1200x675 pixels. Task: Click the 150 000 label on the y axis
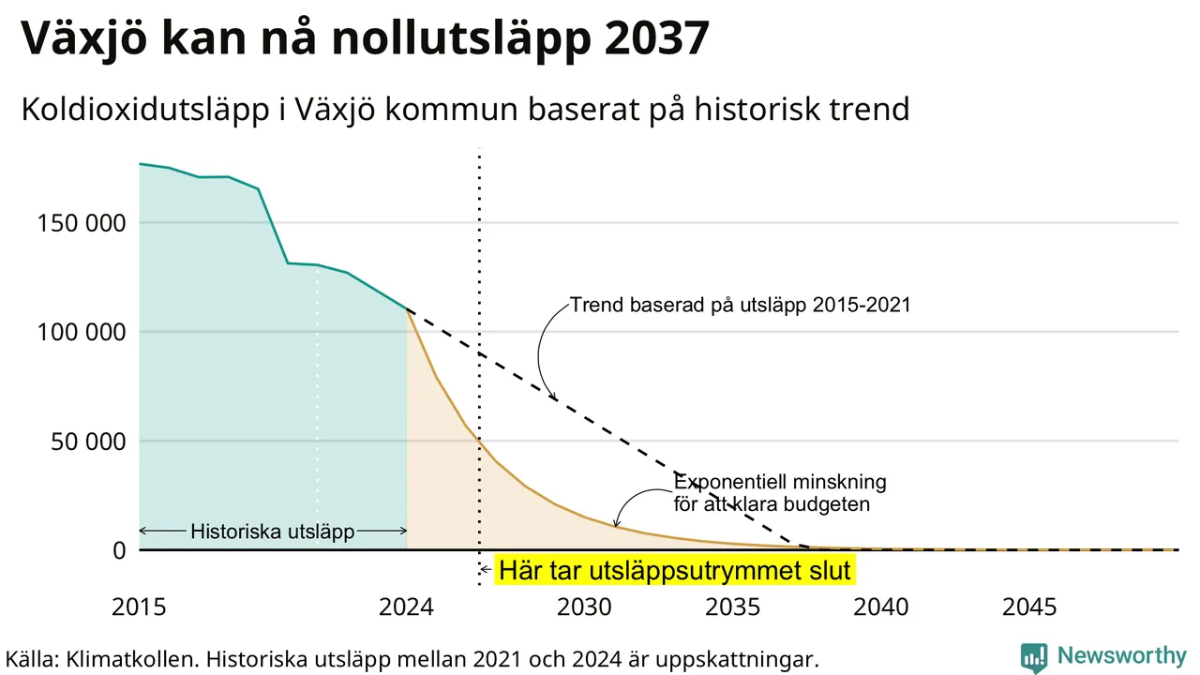click(82, 223)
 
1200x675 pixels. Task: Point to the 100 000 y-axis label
click(82, 332)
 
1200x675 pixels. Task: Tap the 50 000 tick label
click(88, 442)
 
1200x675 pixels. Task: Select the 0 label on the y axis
click(119, 550)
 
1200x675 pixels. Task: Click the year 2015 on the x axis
click(139, 607)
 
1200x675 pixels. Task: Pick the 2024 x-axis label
click(406, 607)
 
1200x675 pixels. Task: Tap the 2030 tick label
click(584, 607)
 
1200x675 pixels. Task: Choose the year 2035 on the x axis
click(732, 607)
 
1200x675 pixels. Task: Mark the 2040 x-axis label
click(880, 607)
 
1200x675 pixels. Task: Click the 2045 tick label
click(1029, 607)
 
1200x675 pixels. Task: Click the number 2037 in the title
click(656, 37)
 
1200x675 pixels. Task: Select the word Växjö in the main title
click(84, 38)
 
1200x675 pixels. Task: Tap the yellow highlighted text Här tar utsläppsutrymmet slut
click(674, 570)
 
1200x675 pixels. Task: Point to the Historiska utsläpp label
click(273, 532)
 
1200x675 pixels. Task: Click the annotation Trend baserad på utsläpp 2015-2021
click(740, 305)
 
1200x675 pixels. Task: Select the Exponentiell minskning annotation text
click(780, 482)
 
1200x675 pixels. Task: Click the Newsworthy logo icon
click(1034, 657)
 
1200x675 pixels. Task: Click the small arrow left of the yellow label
click(486, 569)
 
